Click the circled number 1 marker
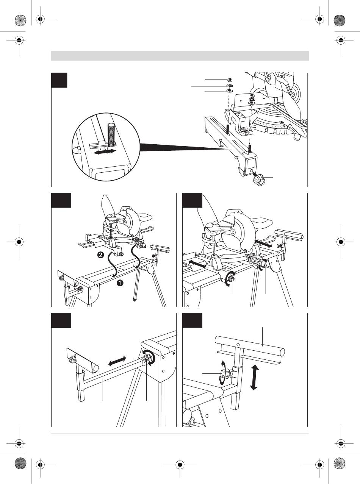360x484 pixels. click(x=120, y=283)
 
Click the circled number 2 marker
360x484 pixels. click(x=100, y=254)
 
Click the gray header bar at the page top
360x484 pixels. click(x=180, y=56)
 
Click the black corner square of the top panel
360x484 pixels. click(x=59, y=80)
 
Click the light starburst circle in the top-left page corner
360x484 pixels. click(x=20, y=20)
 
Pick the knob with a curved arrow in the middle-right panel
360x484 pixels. click(x=231, y=278)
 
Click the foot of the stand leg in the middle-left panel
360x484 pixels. click(x=134, y=300)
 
